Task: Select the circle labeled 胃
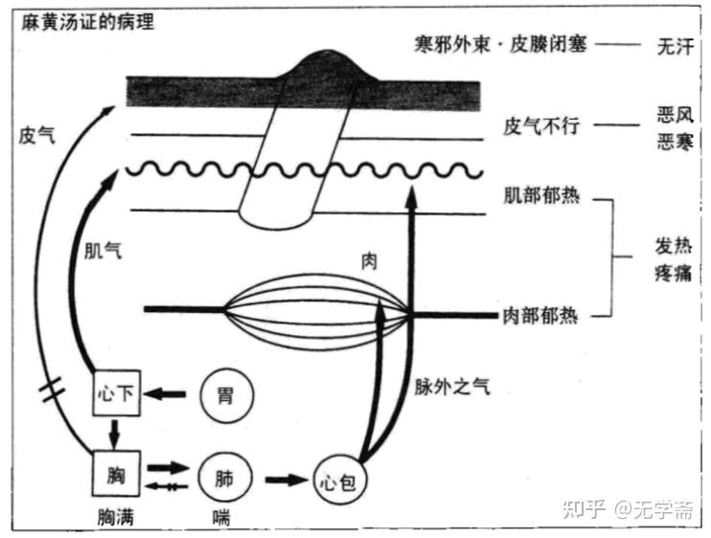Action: (x=223, y=393)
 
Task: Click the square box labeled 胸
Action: (x=116, y=472)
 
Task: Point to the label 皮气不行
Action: (x=542, y=126)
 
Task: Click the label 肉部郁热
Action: (x=542, y=315)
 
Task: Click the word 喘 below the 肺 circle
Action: (x=222, y=517)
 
